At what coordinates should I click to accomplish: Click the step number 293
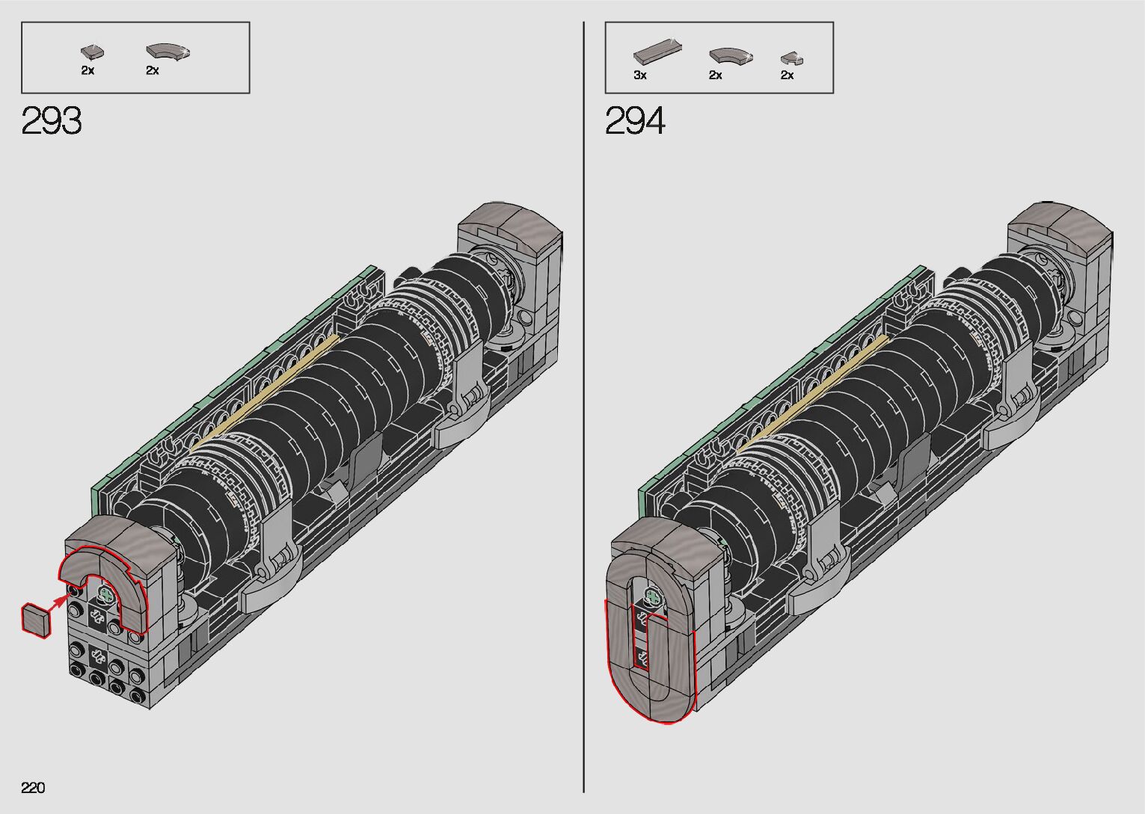point(52,120)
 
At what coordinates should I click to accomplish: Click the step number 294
point(635,120)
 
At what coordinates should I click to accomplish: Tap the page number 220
point(33,787)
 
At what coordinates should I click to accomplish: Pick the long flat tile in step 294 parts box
point(657,52)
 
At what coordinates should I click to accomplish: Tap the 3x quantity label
point(640,75)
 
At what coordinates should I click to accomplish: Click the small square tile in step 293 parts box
point(93,52)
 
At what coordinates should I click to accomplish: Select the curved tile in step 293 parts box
point(168,52)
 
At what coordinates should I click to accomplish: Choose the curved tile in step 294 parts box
point(731,56)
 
